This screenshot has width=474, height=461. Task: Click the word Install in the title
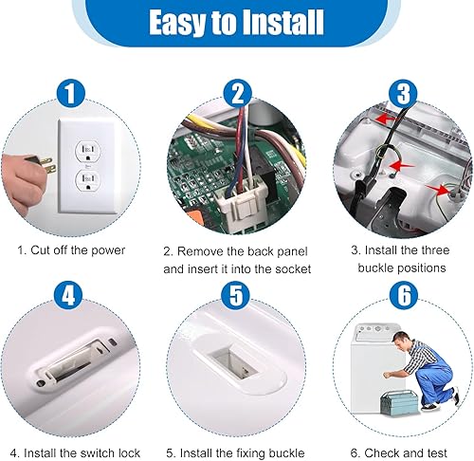[x=276, y=22]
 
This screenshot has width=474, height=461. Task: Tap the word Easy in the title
[x=177, y=22]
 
